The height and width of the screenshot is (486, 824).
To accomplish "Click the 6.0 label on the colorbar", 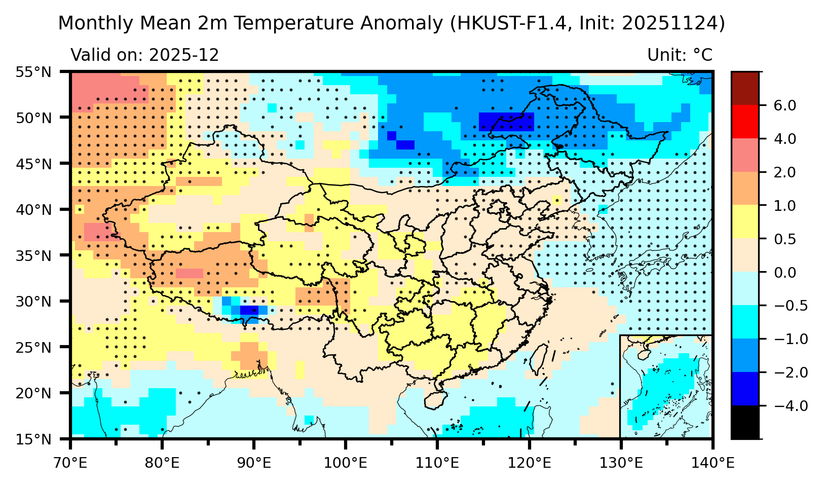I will (784, 105).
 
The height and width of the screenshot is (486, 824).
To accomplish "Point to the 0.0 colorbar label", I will (784, 273).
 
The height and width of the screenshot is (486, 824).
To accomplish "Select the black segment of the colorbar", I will (744, 422).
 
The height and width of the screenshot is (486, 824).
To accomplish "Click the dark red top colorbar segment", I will (744, 88).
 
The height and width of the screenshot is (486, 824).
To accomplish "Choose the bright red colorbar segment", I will (744, 122).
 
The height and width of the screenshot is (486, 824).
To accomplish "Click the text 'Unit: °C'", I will (680, 55).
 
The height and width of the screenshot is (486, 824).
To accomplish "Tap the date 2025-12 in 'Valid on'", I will (184, 55).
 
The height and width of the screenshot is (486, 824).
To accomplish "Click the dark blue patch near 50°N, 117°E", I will (506, 122).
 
